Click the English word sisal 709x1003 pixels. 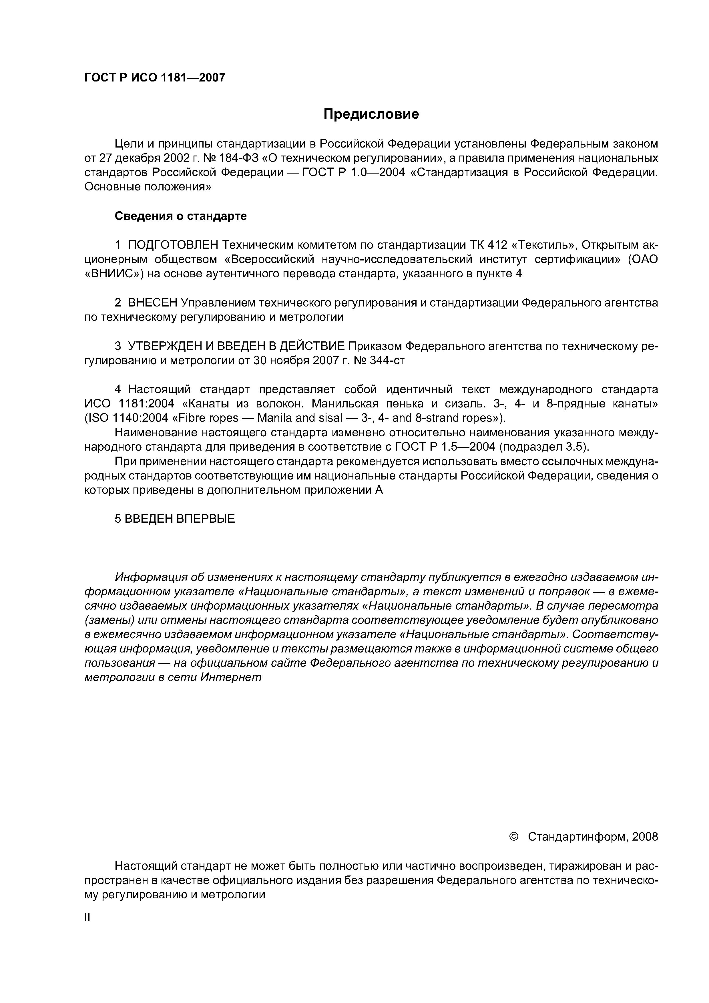(x=327, y=418)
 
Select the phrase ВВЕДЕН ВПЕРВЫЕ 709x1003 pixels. (x=180, y=519)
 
